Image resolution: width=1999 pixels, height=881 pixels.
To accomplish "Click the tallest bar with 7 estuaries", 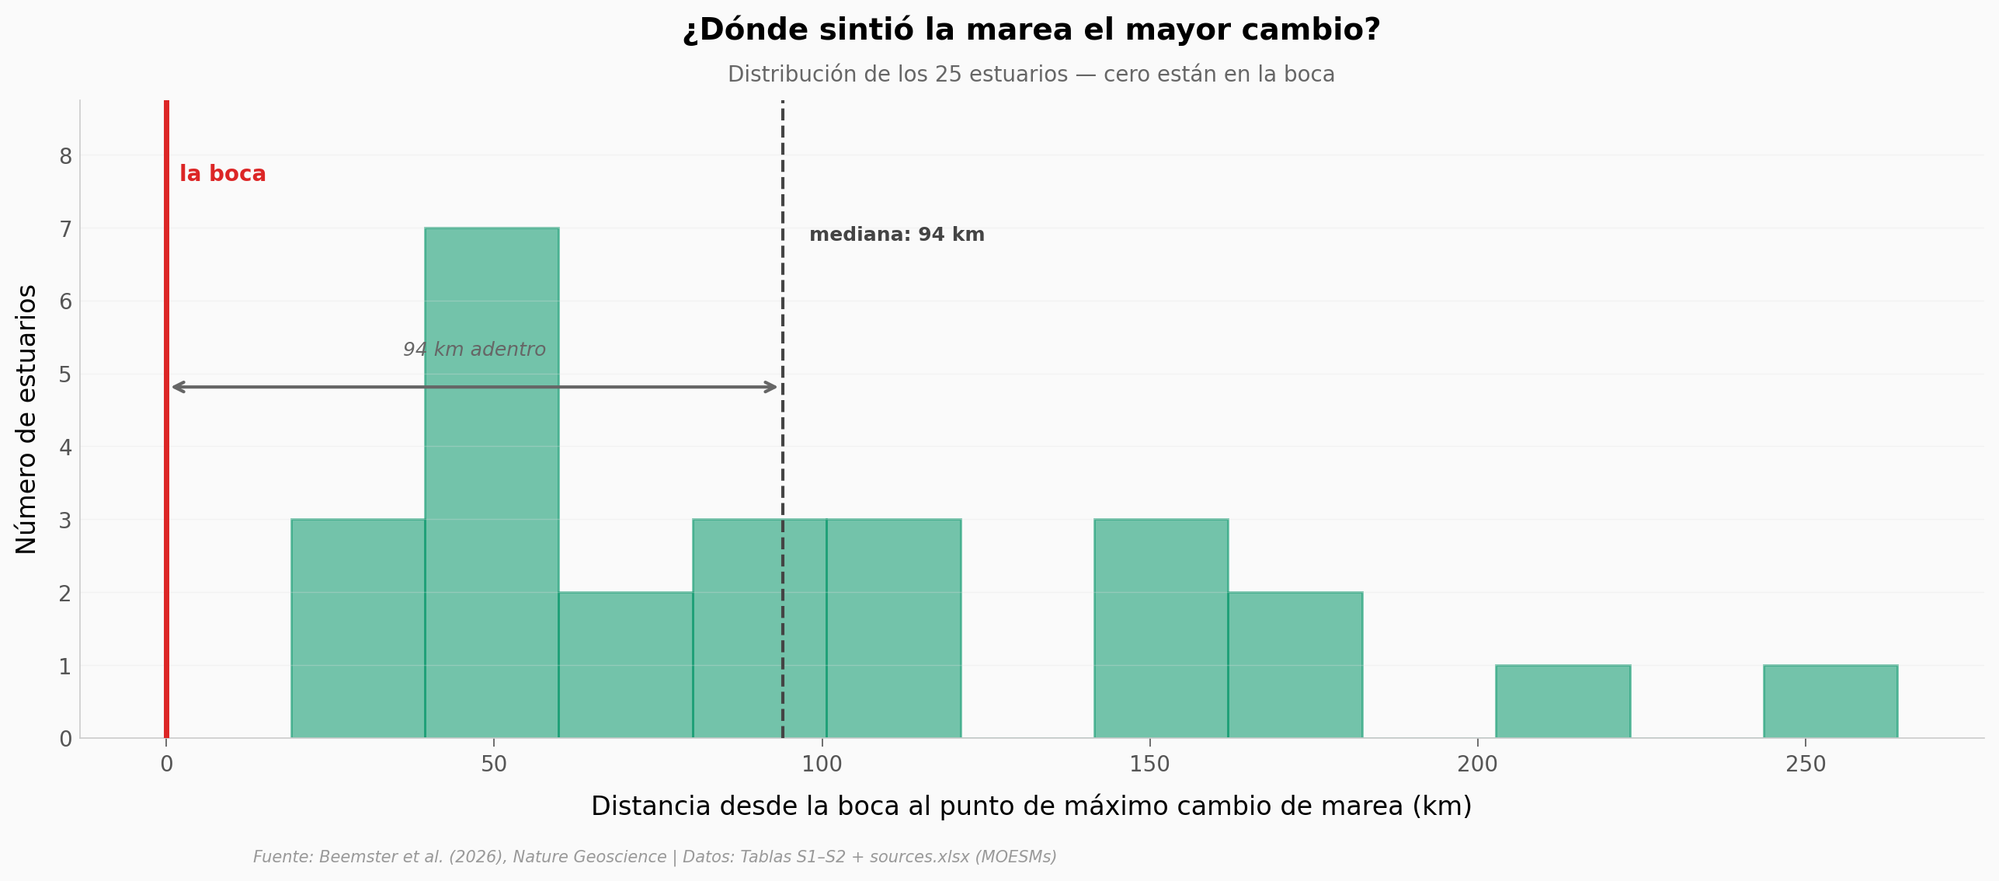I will coord(492,482).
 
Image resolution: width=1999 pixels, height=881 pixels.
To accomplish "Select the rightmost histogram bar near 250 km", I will coord(1830,702).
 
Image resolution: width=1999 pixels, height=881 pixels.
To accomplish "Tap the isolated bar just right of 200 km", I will coord(1563,702).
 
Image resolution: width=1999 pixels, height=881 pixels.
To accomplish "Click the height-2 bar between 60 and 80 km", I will coord(625,665).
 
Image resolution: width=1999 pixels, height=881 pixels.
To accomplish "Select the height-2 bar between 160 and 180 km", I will coord(1295,665).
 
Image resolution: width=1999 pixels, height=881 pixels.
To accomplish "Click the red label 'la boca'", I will coord(223,174).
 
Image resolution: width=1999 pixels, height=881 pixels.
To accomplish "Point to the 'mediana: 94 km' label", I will coord(896,235).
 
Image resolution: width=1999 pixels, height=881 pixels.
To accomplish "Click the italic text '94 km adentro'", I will coord(474,350).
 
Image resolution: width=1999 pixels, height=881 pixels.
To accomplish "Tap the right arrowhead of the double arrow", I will coord(771,387).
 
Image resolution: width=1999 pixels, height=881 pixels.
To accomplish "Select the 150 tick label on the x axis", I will coord(1149,764).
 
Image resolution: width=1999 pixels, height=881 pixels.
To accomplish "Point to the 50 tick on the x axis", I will coord(493,764).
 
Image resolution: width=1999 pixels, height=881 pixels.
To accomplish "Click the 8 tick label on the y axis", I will coord(65,157).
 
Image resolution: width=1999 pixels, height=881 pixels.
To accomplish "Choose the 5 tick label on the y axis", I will coord(65,375).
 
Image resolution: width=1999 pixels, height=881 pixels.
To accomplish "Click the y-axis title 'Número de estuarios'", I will coord(26,420).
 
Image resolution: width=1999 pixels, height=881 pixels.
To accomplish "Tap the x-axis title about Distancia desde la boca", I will coord(1031,806).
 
